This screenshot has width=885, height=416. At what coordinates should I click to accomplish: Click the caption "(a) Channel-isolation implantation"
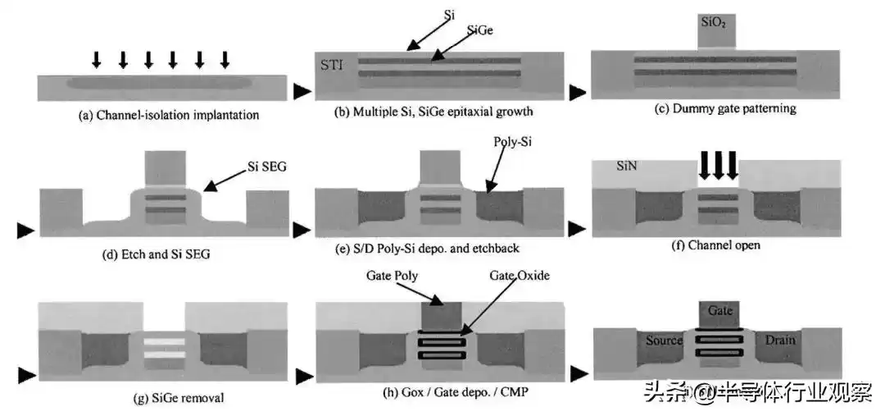[x=169, y=115]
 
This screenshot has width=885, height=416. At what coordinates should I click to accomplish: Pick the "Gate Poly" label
[x=393, y=276]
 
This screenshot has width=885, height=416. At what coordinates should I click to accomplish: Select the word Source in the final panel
[x=663, y=340]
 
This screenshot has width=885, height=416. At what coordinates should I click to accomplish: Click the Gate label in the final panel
[x=719, y=310]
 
